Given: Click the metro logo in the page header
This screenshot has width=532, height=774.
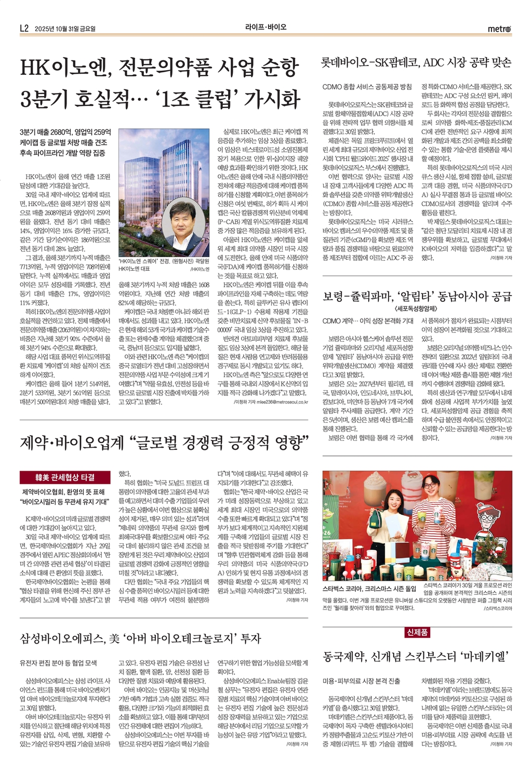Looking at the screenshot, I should click(x=499, y=28).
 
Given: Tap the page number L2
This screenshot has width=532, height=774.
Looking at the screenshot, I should click(x=23, y=28).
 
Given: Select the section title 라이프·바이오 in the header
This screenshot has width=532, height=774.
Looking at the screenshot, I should click(x=266, y=27).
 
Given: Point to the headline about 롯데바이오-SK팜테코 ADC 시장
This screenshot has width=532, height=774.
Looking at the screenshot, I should click(x=417, y=63).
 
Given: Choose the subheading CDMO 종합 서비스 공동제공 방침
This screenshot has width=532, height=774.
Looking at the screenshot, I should click(x=367, y=87).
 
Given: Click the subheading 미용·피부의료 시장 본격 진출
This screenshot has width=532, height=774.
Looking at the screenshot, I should click(x=361, y=680).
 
